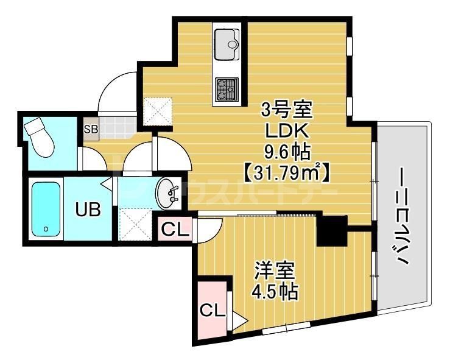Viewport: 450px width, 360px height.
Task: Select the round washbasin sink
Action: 166,194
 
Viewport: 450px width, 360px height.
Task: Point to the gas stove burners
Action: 227,89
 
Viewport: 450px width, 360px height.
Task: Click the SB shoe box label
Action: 91,129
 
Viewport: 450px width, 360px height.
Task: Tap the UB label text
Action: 88,211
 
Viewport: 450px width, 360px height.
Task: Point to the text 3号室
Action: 286,111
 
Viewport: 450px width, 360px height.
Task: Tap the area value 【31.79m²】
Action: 287,172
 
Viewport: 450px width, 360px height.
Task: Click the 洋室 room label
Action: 275,270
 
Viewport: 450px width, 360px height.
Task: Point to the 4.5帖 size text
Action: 275,292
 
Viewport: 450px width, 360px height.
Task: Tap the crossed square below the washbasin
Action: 134,224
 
